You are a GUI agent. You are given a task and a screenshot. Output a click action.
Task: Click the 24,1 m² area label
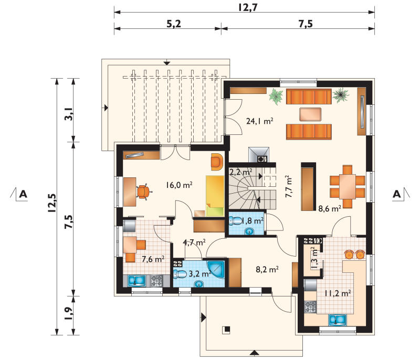(x=259, y=121)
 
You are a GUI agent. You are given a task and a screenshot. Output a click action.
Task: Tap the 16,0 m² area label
(x=179, y=185)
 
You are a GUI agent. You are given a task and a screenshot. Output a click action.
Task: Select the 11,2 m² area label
(x=338, y=293)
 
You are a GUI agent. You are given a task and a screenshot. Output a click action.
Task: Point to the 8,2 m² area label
(x=267, y=269)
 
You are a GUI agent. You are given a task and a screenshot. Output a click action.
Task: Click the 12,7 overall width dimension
(x=247, y=7)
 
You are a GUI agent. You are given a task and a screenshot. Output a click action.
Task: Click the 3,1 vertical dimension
(x=68, y=114)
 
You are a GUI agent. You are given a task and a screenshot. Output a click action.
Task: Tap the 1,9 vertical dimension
(x=68, y=314)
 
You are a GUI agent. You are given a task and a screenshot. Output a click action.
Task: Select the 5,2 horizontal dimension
(x=174, y=24)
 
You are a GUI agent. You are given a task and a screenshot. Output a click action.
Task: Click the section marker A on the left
(x=23, y=194)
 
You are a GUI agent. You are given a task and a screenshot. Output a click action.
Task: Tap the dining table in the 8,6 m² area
(x=348, y=186)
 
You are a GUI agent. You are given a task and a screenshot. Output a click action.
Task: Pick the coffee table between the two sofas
(x=310, y=115)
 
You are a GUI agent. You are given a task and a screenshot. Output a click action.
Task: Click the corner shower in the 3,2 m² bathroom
(x=216, y=270)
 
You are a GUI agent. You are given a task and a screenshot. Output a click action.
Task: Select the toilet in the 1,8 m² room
(x=235, y=221)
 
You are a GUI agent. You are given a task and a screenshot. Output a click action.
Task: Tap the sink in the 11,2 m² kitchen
(x=338, y=320)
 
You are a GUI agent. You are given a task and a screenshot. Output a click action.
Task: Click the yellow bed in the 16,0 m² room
(x=215, y=196)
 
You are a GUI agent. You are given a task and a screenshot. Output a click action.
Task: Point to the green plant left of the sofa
(x=276, y=97)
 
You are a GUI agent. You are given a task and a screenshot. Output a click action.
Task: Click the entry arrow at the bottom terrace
(x=254, y=353)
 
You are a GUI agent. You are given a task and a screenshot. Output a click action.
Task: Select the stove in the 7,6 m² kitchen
(x=156, y=281)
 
